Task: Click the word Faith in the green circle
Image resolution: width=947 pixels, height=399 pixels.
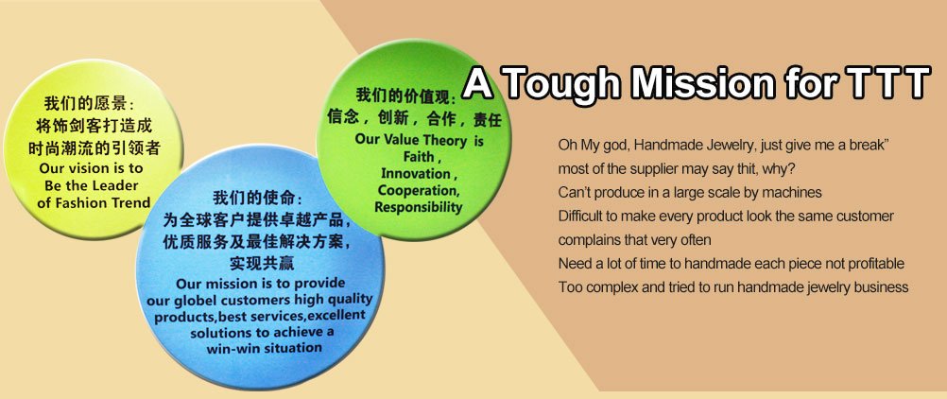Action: coord(419,157)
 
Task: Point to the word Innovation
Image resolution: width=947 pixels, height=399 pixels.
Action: coord(416,174)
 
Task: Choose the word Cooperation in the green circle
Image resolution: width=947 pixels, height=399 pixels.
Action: coord(419,190)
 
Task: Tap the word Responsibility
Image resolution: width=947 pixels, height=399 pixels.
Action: coord(418,207)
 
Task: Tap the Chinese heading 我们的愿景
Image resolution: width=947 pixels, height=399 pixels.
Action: coord(84,103)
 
